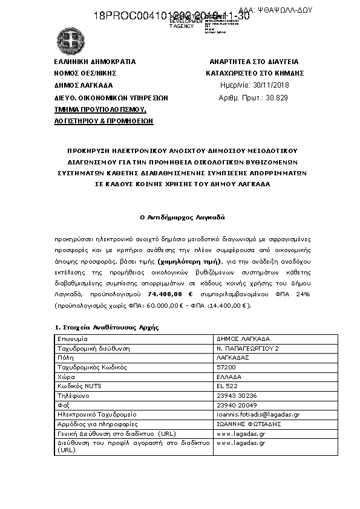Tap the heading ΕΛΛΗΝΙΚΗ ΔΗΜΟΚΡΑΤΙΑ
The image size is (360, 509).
94,62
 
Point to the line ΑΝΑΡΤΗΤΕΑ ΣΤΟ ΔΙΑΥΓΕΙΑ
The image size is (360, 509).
254,62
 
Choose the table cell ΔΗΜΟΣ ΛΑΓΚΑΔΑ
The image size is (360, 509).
243,339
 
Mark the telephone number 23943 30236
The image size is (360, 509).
236,395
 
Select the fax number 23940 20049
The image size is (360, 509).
236,405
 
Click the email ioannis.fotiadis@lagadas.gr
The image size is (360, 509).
258,415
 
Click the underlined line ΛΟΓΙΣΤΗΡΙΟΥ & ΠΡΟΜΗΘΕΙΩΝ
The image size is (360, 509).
103,121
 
